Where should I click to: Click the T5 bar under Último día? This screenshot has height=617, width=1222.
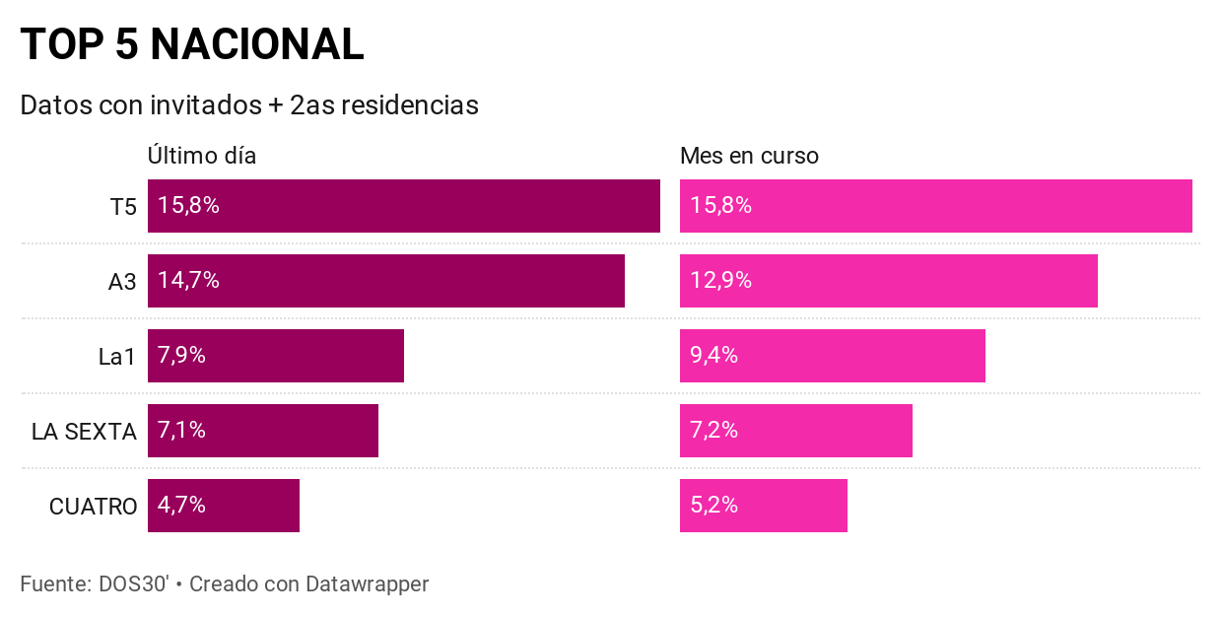404,206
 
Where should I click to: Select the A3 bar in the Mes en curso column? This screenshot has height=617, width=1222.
888,281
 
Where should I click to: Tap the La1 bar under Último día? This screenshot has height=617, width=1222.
276,356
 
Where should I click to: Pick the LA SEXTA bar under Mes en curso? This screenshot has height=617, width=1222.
795,431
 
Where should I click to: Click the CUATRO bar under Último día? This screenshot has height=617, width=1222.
224,506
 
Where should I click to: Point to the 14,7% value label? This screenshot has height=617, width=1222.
188,281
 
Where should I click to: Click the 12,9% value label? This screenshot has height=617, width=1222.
720,281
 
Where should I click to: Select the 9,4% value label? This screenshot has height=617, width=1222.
713,356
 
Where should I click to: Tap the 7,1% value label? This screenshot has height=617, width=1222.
181,431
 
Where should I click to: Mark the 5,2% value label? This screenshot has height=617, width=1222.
713,506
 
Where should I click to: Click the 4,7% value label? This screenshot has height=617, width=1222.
181,506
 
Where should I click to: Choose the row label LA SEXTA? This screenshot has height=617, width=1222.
84,432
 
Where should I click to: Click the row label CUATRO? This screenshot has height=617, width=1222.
93,507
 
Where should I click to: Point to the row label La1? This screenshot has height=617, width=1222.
117,357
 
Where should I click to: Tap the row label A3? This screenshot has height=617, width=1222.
122,282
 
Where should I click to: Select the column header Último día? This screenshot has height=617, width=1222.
202,156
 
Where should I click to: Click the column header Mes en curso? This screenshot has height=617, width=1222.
749,156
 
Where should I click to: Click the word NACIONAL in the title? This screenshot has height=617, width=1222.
257,45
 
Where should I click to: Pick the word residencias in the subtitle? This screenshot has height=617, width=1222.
410,105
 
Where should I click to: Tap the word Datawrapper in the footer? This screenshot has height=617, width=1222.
368,583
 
